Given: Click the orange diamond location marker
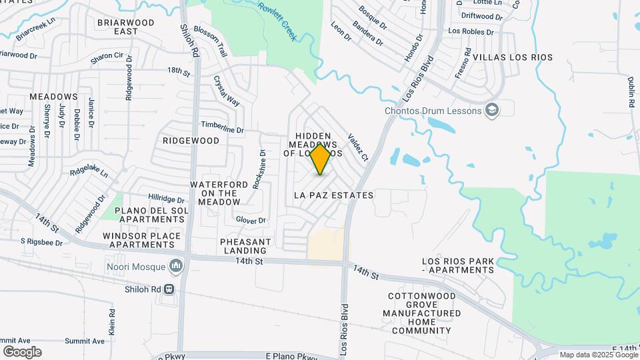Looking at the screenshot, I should coord(321,159).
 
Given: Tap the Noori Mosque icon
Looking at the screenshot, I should coord(177,267).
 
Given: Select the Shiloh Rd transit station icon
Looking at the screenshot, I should coord(169,289).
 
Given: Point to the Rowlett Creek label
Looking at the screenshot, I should coord(277,21).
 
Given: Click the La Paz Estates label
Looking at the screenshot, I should coord(333,195).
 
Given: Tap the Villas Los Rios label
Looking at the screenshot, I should coord(513,57).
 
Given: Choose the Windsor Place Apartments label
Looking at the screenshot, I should coord(141,240).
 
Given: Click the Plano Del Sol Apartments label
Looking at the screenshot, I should coord(149,215).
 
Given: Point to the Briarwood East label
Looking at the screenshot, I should coord(126,27).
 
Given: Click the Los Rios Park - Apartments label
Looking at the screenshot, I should coord(458,265).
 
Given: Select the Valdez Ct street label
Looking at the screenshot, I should coord(358,147).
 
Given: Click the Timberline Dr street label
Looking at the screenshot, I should coord(223,127).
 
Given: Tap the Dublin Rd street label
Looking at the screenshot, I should coord(631,91).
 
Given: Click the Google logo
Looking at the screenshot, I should coord(22,351).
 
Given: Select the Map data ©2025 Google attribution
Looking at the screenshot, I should coord(598,355).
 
